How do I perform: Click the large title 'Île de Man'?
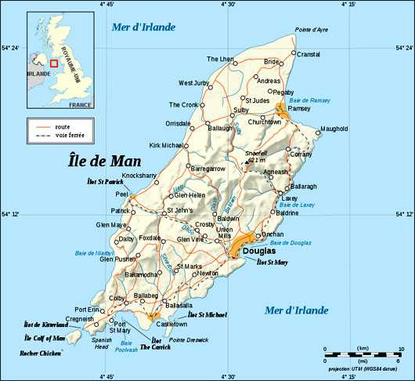point(103,161)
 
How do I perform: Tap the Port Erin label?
point(88,310)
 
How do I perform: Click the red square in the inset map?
point(53,63)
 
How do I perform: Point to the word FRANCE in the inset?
point(80,104)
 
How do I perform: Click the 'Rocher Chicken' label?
point(41,354)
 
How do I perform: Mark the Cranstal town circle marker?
point(294,54)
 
